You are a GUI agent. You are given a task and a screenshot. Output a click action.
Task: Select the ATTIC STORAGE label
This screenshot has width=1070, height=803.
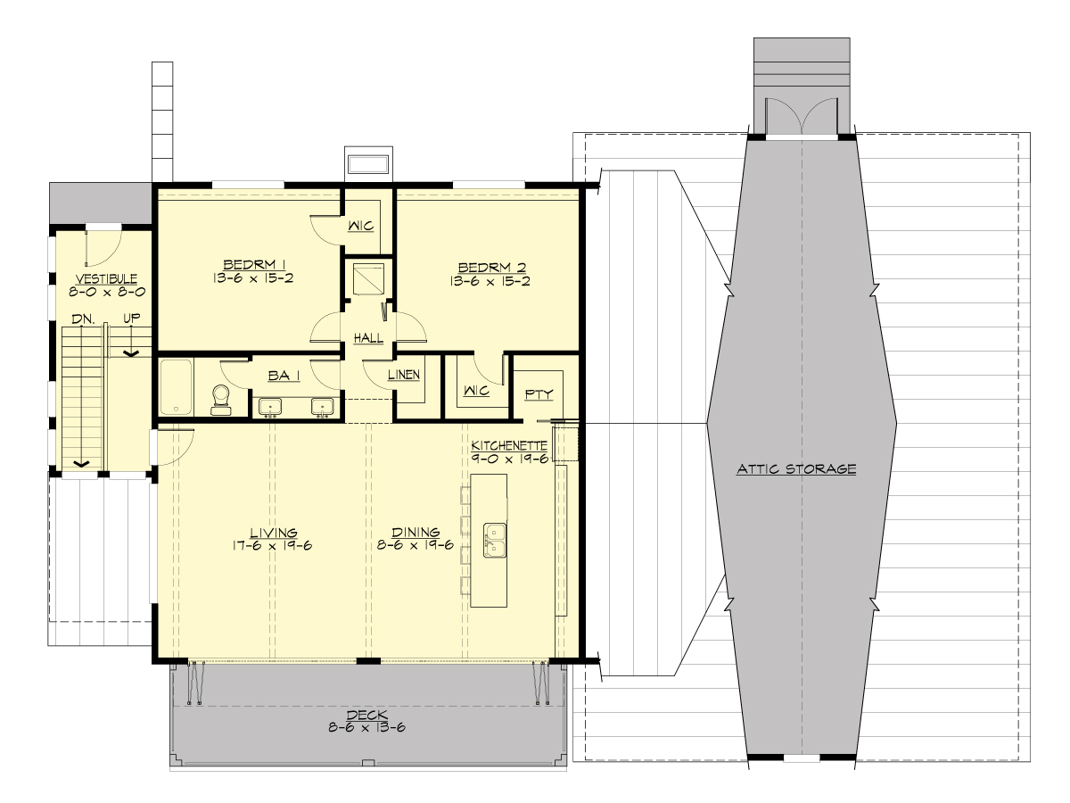(x=796, y=468)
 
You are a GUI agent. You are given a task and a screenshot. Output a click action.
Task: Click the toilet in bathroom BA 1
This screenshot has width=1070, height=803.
(x=220, y=401)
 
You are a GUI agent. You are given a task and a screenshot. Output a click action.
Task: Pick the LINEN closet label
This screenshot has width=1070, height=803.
(x=403, y=375)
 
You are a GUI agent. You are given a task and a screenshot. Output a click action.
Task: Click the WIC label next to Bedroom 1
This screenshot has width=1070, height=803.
(x=361, y=225)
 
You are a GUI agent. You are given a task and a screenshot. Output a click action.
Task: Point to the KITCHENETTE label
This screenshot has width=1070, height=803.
(x=508, y=443)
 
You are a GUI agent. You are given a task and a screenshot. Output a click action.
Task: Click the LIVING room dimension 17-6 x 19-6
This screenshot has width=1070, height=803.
(x=273, y=544)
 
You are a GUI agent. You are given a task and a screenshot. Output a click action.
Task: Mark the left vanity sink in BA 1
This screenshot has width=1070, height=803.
(x=270, y=407)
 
